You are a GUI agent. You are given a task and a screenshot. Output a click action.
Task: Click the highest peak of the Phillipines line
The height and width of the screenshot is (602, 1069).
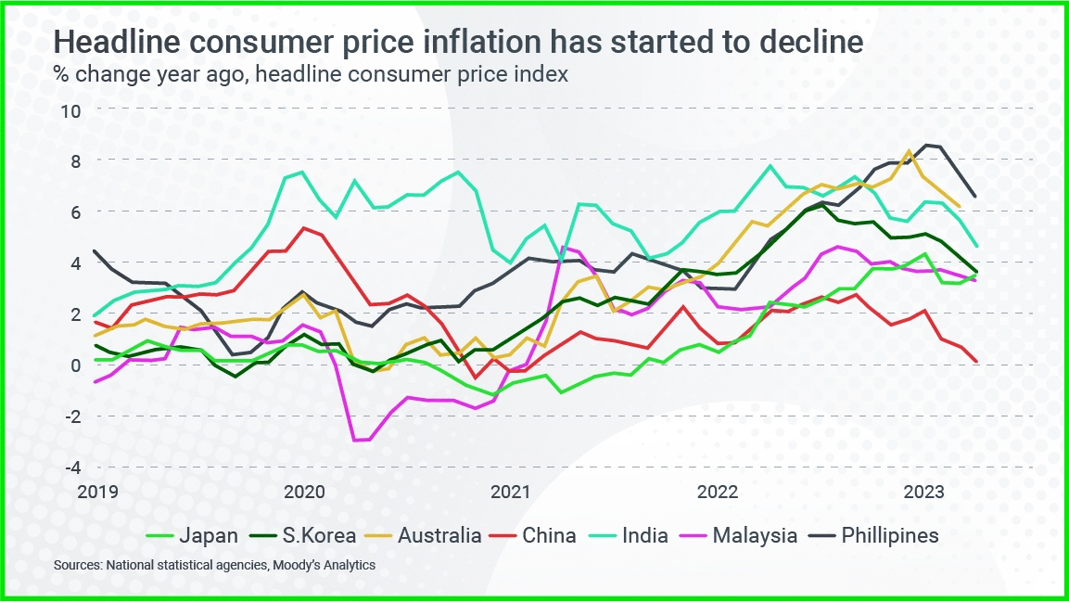tap(925, 145)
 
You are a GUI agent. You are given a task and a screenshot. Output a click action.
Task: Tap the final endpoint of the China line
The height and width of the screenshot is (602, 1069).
tap(976, 362)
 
